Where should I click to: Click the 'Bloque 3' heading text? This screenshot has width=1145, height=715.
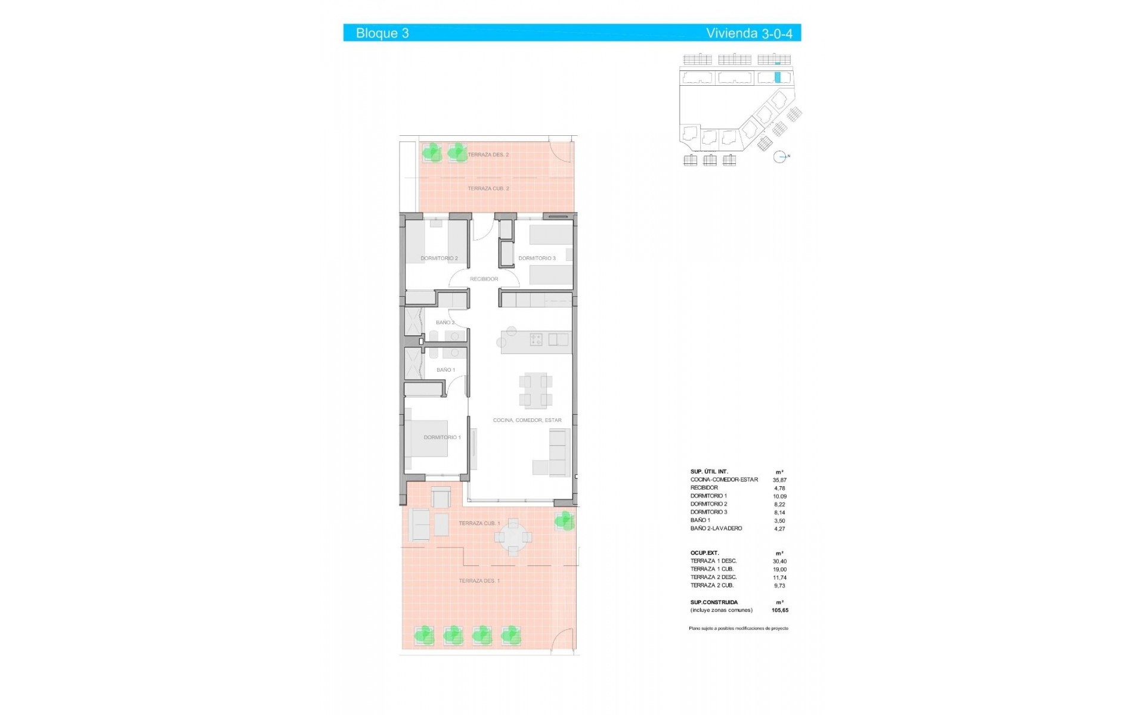point(382,33)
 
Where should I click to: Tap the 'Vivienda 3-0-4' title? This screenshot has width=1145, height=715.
point(749,33)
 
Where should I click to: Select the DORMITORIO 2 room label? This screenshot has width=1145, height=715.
point(439,259)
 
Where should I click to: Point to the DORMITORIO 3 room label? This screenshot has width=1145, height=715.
point(537,259)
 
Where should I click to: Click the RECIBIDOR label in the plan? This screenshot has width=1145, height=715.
point(484,279)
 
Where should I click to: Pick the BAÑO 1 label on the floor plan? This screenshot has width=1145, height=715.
point(445,370)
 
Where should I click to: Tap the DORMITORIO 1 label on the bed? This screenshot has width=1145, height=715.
point(442,437)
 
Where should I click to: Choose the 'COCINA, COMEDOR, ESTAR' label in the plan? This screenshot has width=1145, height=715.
point(527,420)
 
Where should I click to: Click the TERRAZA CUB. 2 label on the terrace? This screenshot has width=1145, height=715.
point(488,188)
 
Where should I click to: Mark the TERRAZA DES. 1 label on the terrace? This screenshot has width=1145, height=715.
point(479,580)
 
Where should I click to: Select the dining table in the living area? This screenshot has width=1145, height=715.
point(535,390)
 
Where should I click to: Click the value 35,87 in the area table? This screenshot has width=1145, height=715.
point(779,480)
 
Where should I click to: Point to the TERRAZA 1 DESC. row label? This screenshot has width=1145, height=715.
point(713,561)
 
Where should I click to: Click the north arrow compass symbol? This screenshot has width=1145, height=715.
point(779,157)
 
